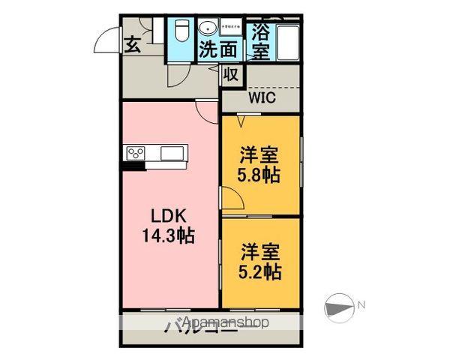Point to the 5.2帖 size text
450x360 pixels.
[260, 271]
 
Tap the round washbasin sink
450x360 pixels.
[206, 29]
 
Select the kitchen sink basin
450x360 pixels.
[170, 154]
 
